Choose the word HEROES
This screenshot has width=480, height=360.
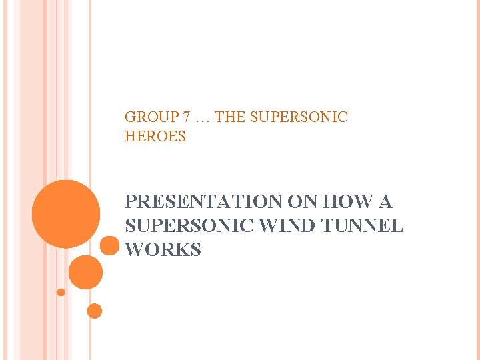[x=155, y=137]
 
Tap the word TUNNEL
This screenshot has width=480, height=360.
[x=363, y=226]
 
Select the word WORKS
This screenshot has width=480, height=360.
[x=163, y=250]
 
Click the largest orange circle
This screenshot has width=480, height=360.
[x=66, y=214]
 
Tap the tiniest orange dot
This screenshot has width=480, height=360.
[x=61, y=292]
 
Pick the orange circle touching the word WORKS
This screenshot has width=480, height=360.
[x=109, y=246]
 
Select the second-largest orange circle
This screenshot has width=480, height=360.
[x=85, y=272]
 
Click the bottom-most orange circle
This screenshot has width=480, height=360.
[x=95, y=311]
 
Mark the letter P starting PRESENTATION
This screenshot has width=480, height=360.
[x=131, y=201]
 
